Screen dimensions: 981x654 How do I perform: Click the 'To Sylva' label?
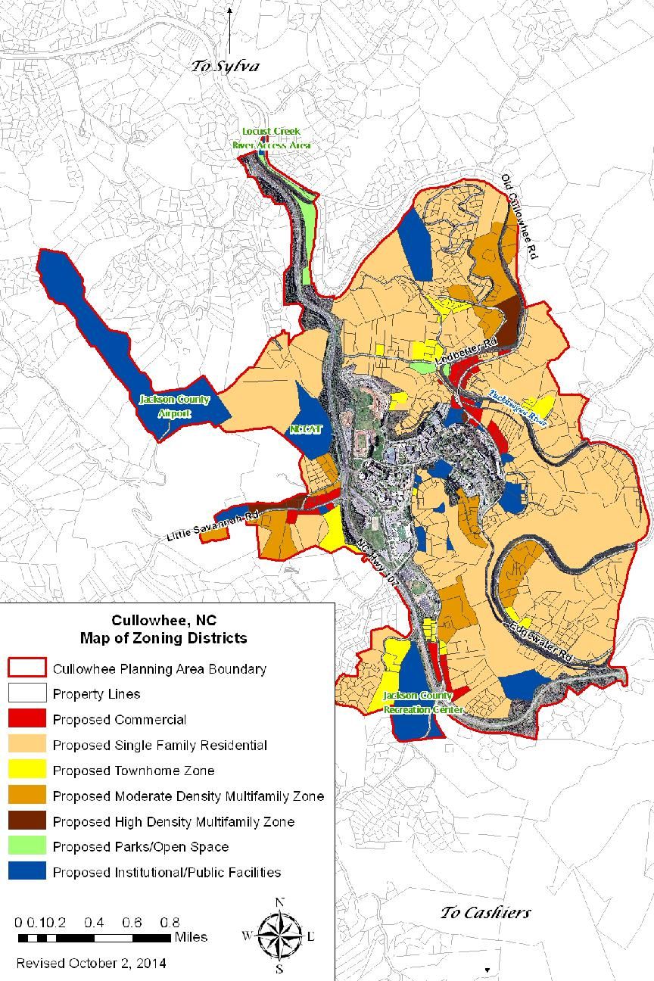pyautogui.click(x=225, y=66)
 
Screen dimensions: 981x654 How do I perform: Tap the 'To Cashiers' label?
pyautogui.click(x=485, y=912)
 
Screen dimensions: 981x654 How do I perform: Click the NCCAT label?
pyautogui.click(x=306, y=428)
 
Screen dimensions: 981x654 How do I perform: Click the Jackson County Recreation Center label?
pyautogui.click(x=417, y=702)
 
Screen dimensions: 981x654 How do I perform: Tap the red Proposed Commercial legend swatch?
pyautogui.click(x=26, y=719)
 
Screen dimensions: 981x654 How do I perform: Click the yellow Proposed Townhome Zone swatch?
pyautogui.click(x=26, y=771)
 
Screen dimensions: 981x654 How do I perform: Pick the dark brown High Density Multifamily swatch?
pyautogui.click(x=26, y=821)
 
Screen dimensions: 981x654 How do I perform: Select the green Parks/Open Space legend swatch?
pyautogui.click(x=26, y=846)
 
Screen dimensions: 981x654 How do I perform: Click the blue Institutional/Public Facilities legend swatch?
pyautogui.click(x=26, y=872)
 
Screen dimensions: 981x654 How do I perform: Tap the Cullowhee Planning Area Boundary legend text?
pyautogui.click(x=159, y=669)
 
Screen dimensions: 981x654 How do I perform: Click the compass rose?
pyautogui.click(x=279, y=936)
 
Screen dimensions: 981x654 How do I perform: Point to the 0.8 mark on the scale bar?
pyautogui.click(x=170, y=923)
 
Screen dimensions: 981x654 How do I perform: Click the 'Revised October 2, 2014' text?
pyautogui.click(x=92, y=964)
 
